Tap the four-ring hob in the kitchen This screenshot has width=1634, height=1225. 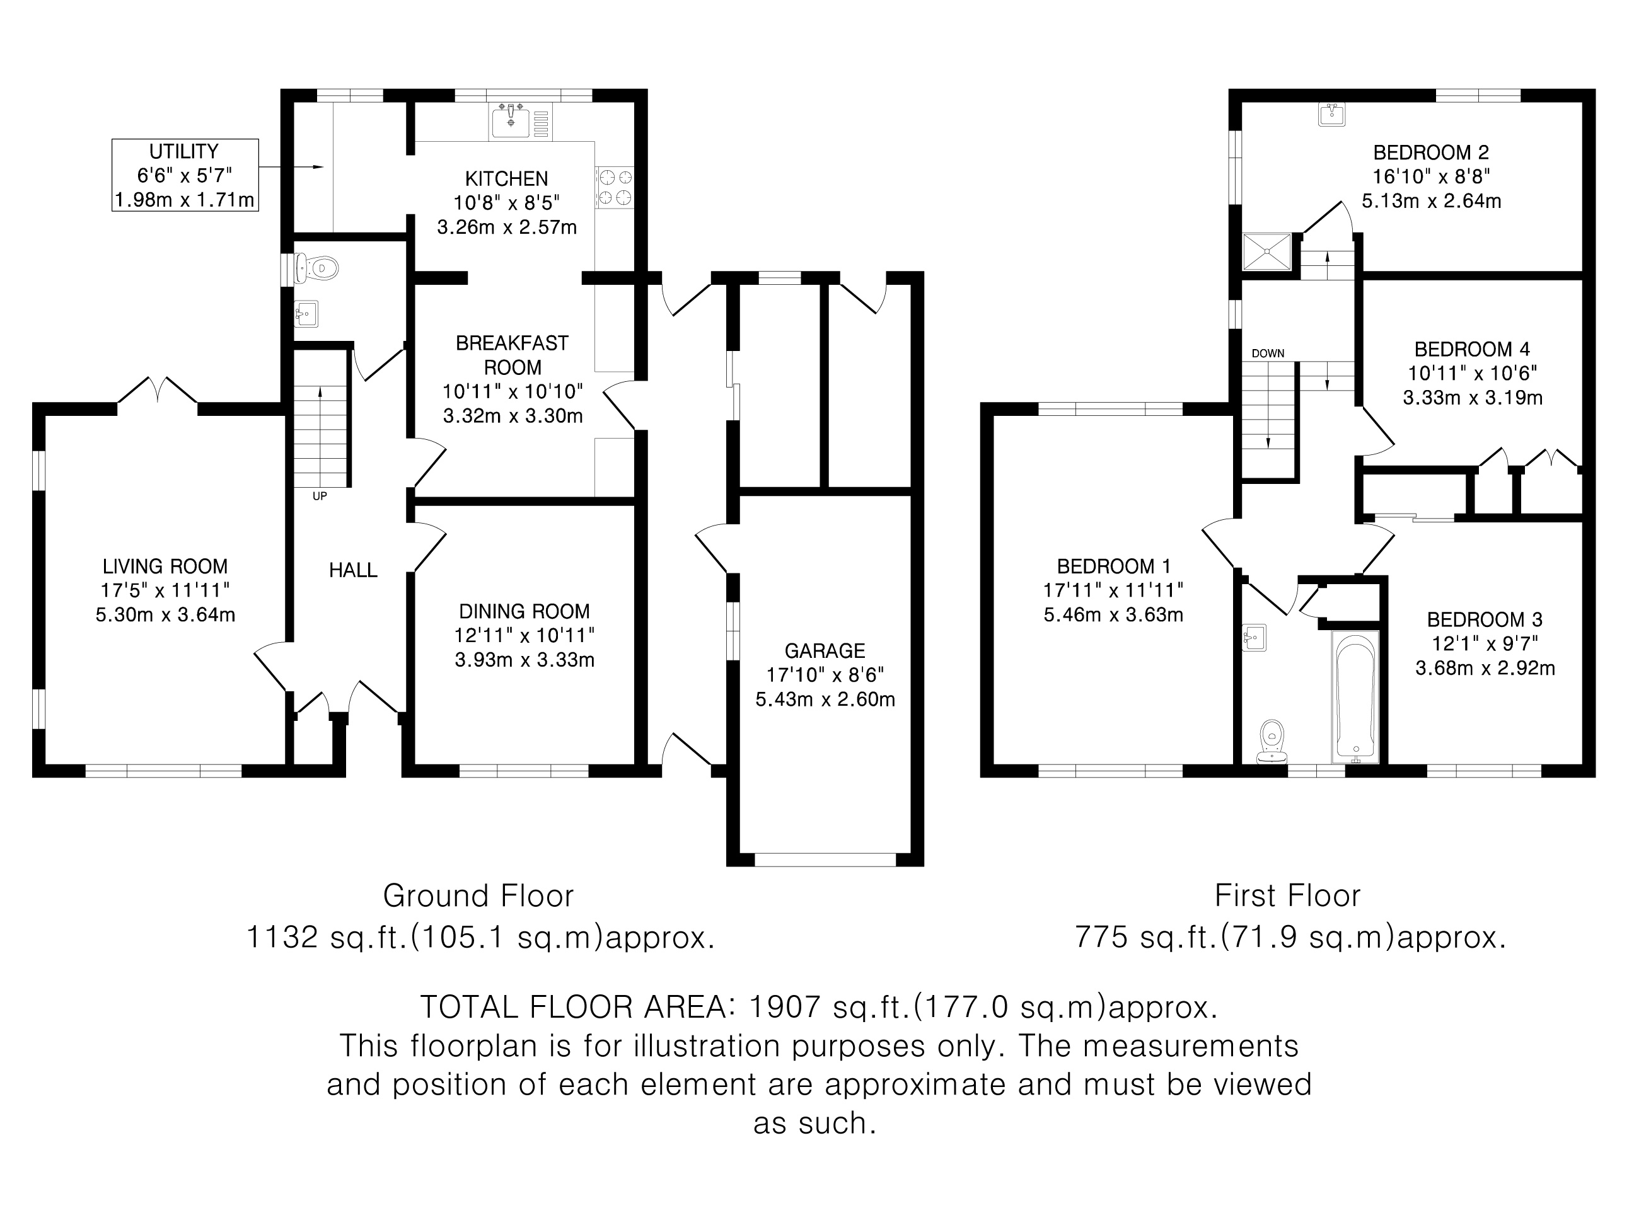tap(615, 187)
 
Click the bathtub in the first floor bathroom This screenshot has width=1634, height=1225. tap(1355, 696)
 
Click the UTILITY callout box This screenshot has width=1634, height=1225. tap(185, 175)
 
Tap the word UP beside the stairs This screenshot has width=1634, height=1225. tap(319, 496)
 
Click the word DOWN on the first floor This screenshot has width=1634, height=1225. tap(1268, 353)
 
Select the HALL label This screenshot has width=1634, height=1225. tap(353, 569)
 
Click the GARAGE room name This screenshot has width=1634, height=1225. tap(825, 650)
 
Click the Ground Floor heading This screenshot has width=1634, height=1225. tap(478, 895)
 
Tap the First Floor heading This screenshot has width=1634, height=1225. tap(1287, 895)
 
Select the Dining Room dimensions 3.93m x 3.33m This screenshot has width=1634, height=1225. tap(524, 659)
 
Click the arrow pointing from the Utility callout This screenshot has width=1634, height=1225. tap(292, 168)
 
